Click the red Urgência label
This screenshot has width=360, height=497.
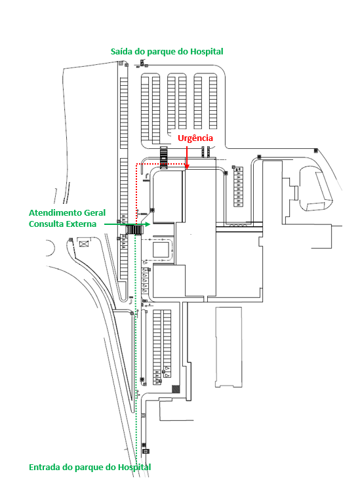point(195,138)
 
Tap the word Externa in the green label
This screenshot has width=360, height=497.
point(81,224)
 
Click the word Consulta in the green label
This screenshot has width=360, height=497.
point(46,224)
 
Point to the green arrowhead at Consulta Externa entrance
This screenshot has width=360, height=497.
point(147,224)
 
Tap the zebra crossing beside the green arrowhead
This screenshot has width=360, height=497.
point(134,229)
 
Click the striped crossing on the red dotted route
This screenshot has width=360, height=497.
point(163,158)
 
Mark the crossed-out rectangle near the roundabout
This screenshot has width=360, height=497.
point(83,243)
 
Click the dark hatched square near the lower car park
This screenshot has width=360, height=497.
point(176,389)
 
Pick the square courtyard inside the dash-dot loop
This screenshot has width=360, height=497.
point(161,250)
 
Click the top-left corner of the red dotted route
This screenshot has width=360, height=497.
point(136,164)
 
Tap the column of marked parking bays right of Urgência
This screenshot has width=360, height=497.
point(237,187)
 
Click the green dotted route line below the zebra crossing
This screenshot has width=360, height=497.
point(136,349)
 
